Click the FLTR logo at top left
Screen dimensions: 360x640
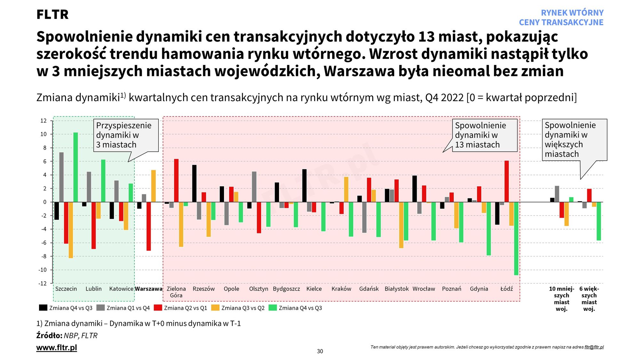pyautogui.click(x=52, y=14)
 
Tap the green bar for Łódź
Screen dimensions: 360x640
pyautogui.click(x=516, y=238)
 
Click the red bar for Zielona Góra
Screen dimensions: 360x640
pyautogui.click(x=176, y=180)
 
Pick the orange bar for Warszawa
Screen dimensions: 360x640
pyautogui.click(x=154, y=186)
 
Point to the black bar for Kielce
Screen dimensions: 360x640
pyautogui.click(x=304, y=186)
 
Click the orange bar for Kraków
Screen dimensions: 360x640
pyautogui.click(x=346, y=189)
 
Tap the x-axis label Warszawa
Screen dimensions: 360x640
pyautogui.click(x=149, y=289)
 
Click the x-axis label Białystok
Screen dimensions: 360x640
pyautogui.click(x=396, y=289)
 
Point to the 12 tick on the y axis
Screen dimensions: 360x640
pyautogui.click(x=44, y=121)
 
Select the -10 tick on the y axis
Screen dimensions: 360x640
pyautogui.click(x=43, y=270)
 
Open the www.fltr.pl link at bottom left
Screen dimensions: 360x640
pyautogui.click(x=57, y=348)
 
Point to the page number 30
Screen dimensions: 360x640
pyautogui.click(x=320, y=351)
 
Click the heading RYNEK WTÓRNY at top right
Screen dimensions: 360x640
pyautogui.click(x=572, y=13)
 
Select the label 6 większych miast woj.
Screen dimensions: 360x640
pyautogui.click(x=589, y=299)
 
